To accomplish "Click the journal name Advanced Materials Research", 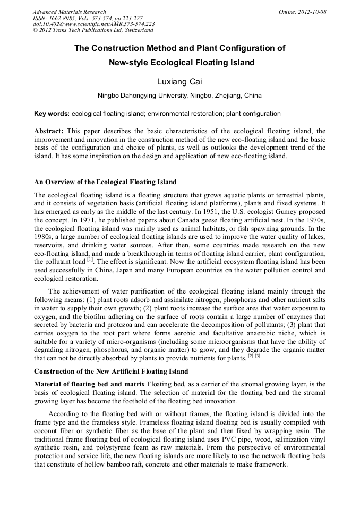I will point(69,12).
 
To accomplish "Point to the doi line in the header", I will point(94,24).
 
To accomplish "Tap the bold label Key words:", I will point(52,114).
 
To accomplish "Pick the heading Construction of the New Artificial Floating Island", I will point(111,370).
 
